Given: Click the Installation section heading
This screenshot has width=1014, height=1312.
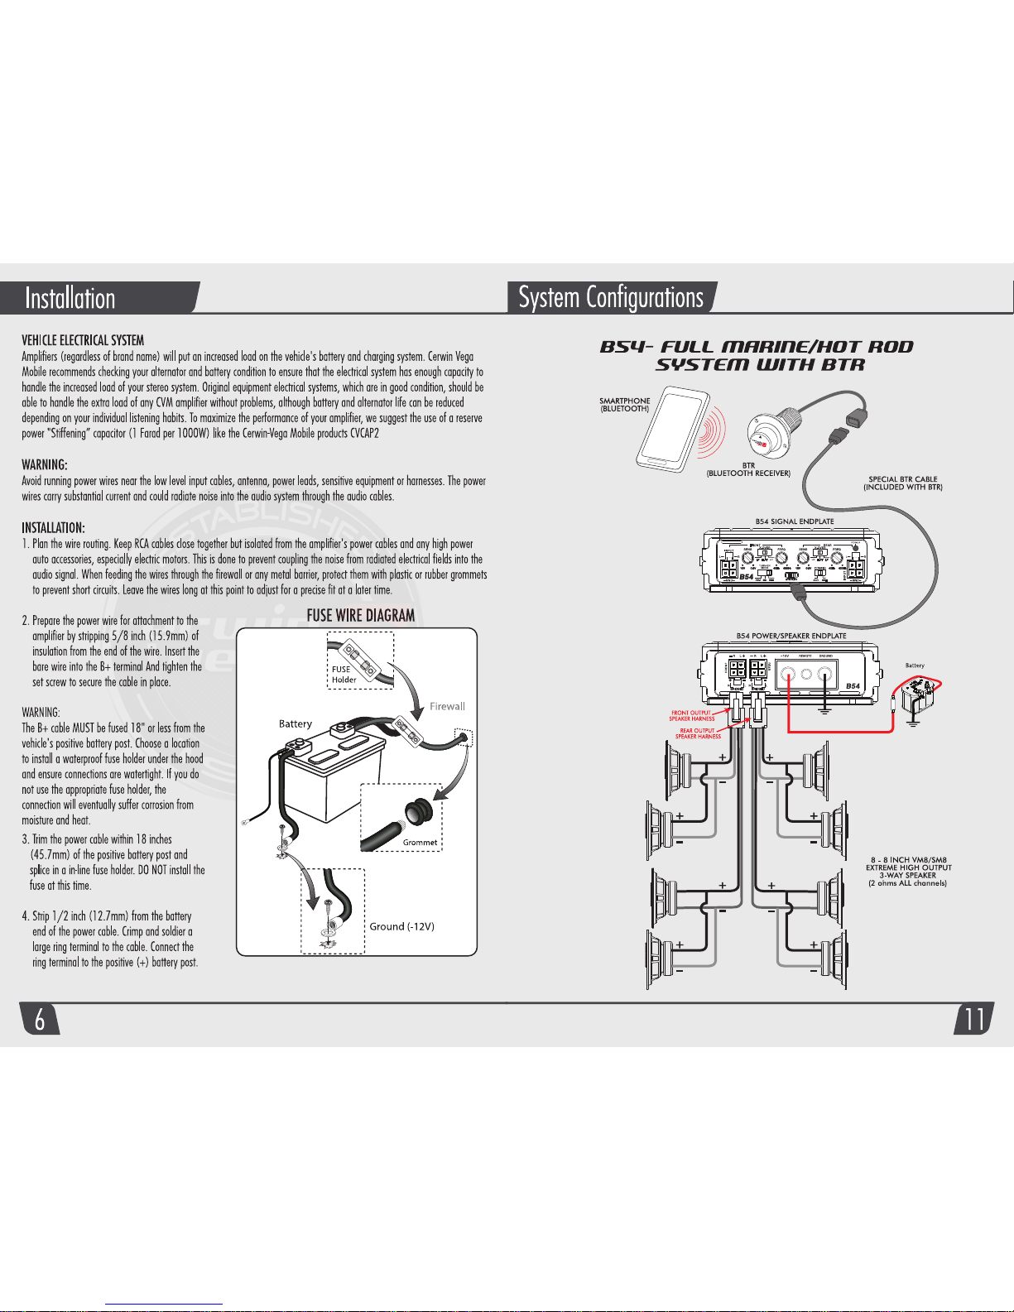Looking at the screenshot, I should pos(70,298).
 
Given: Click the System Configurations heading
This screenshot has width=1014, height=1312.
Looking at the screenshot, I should pos(611,297).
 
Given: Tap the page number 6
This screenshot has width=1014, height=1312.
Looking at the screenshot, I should pos(40,1020).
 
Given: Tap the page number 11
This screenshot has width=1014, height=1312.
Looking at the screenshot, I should pos(974,1019).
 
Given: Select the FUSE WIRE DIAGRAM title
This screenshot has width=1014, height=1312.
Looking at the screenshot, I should pos(361,616).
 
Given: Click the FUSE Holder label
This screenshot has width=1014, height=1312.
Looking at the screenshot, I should pos(344,675).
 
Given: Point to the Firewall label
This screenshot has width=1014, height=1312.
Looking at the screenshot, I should pos(447,706).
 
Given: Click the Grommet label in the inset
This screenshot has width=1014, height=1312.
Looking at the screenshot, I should pos(420,843).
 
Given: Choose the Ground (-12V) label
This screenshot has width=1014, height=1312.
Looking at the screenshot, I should pos(401,926).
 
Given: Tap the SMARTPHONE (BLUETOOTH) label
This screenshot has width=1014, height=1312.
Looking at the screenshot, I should pos(625,405).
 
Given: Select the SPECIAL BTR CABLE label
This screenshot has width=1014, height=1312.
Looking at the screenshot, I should pos(903,483).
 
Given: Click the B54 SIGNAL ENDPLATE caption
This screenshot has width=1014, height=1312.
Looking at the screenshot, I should pos(795,521).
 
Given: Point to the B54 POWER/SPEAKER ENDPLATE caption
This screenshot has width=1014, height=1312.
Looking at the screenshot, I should pos(791,636).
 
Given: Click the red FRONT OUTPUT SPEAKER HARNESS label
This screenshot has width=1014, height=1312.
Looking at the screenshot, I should pos(692,715).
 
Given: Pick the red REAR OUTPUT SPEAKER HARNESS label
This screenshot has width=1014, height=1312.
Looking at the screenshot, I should pos(698,733).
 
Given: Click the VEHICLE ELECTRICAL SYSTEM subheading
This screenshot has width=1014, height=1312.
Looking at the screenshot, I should pos(83,340).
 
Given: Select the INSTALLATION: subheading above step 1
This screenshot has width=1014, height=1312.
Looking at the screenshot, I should pos(53,528).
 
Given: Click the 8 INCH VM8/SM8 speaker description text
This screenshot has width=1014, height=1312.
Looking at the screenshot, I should pos(909,872).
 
